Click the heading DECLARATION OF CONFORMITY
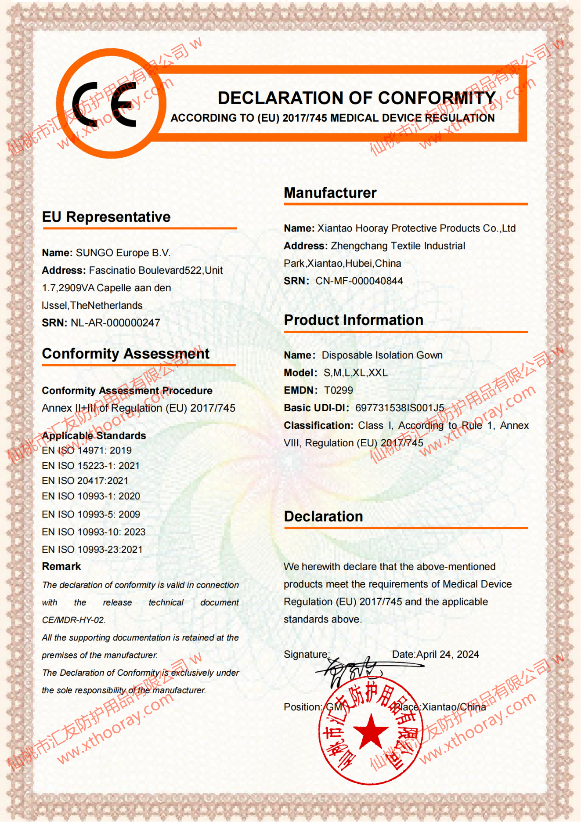(x=357, y=98)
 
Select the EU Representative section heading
(x=106, y=217)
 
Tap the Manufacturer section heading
(x=330, y=193)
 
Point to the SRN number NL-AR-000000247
(x=115, y=323)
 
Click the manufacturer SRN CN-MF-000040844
(x=359, y=281)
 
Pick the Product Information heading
(x=354, y=320)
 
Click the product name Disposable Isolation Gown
(x=382, y=355)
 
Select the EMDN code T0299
(x=338, y=391)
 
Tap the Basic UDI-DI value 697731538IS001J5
(x=400, y=408)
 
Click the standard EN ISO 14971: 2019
(x=87, y=451)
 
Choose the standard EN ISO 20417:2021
(x=85, y=481)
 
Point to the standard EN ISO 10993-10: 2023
(x=94, y=532)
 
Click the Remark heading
(x=61, y=567)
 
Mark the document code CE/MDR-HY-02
(x=73, y=620)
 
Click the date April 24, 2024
(x=447, y=655)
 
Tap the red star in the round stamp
(x=371, y=731)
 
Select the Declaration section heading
(x=323, y=517)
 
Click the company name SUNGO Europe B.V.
(x=123, y=253)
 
